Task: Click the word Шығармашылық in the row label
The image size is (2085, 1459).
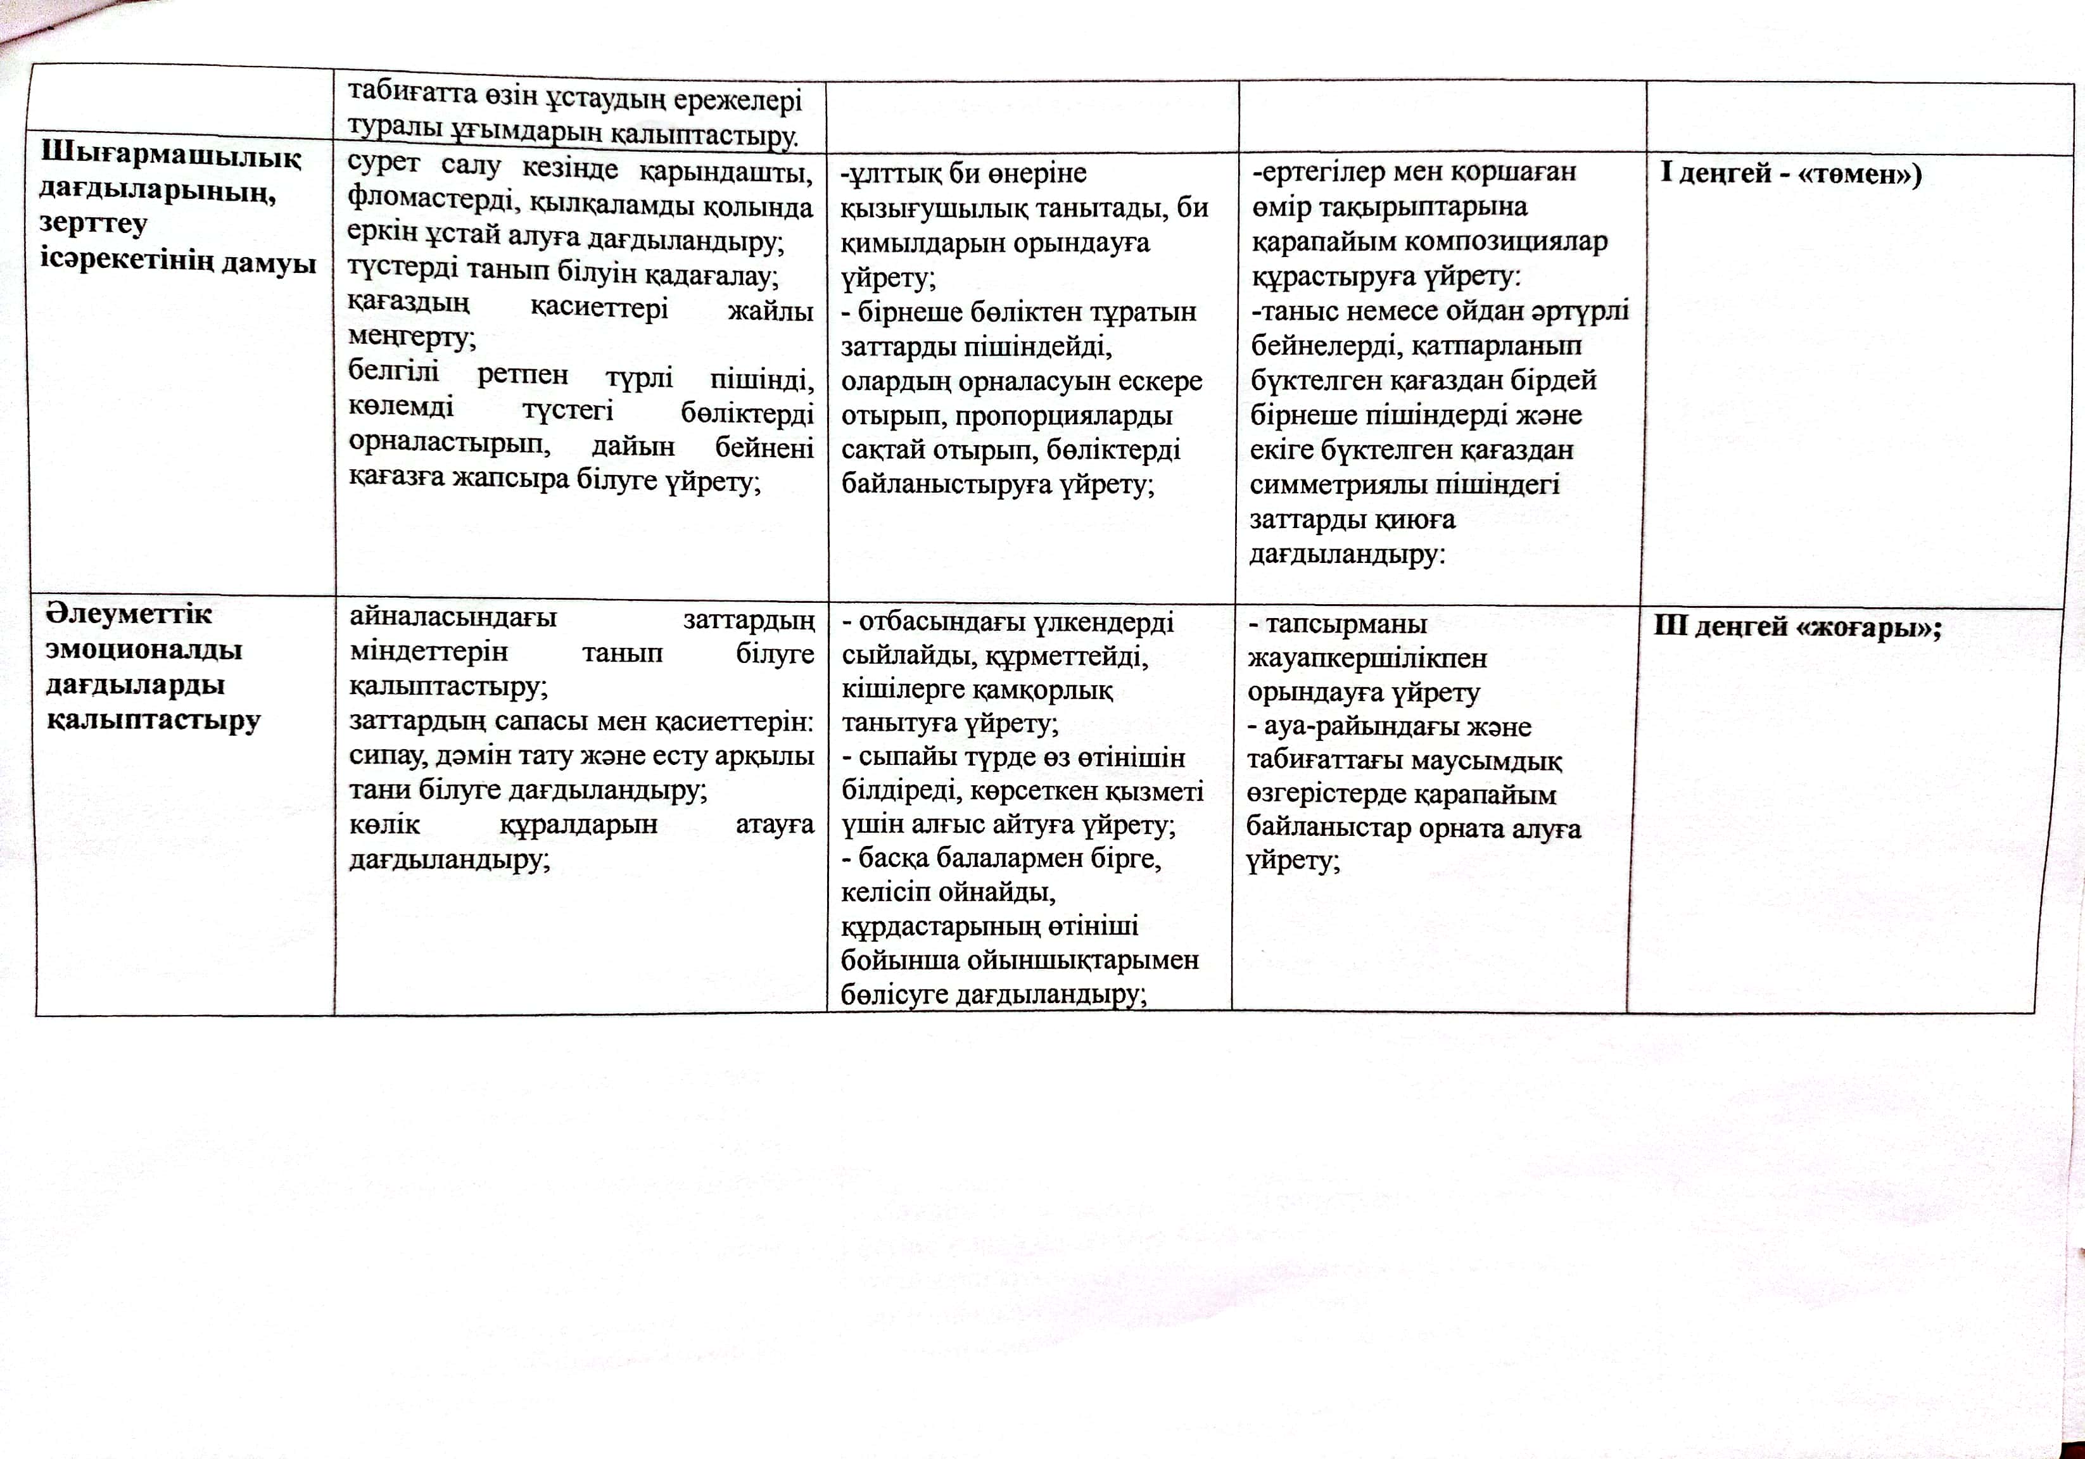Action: [170, 156]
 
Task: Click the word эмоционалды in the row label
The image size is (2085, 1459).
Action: [144, 650]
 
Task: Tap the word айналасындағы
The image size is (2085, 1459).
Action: [452, 618]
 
